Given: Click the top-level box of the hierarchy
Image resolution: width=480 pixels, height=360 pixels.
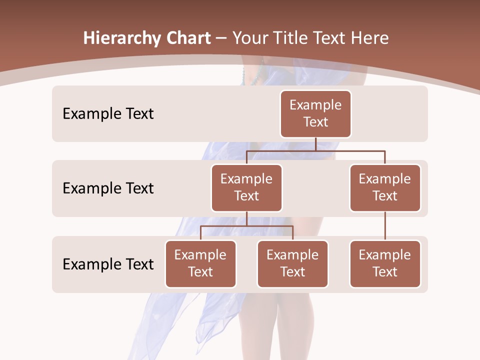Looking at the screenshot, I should pyautogui.click(x=315, y=113).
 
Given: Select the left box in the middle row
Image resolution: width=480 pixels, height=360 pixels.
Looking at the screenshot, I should pyautogui.click(x=246, y=187).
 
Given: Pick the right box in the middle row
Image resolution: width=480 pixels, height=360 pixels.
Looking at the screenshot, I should pyautogui.click(x=385, y=187).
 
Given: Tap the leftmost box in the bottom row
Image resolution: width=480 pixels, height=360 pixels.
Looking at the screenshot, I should pyautogui.click(x=200, y=263).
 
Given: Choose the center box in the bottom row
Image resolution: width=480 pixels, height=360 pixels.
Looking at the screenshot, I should pyautogui.click(x=292, y=263).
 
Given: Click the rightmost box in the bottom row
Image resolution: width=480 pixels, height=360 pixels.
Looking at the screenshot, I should pyautogui.click(x=385, y=263).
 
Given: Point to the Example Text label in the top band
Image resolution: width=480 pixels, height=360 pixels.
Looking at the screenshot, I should pyautogui.click(x=108, y=113).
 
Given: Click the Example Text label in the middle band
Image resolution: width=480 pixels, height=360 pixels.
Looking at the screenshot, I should pyautogui.click(x=108, y=188).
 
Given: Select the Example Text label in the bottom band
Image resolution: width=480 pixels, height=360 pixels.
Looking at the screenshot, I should pyautogui.click(x=108, y=264).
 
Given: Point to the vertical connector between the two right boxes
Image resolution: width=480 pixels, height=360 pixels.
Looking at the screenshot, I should pyautogui.click(x=385, y=226).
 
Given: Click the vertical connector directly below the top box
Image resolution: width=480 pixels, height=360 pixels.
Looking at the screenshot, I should pyautogui.click(x=315, y=144).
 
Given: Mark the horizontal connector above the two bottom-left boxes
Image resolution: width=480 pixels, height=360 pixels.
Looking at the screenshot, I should pyautogui.click(x=246, y=226).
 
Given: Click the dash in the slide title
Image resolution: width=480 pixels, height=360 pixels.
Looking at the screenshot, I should pyautogui.click(x=221, y=38).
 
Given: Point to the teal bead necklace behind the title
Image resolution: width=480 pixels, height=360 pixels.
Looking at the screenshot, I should pyautogui.click(x=258, y=75).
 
